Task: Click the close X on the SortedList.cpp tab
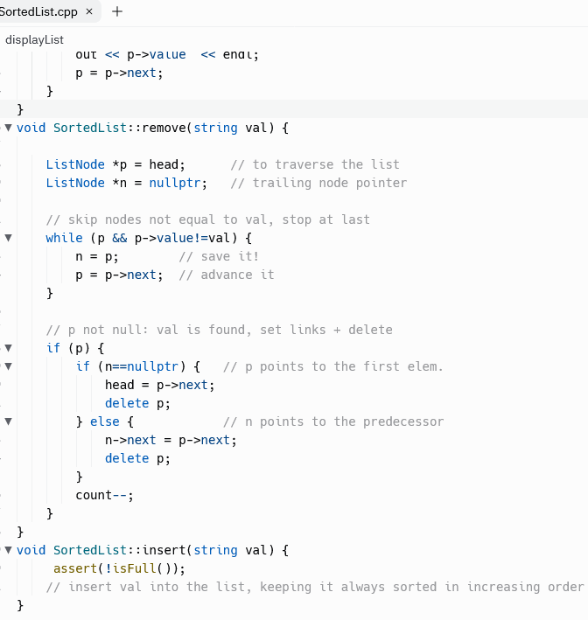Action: pyautogui.click(x=89, y=11)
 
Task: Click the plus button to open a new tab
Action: pyautogui.click(x=117, y=11)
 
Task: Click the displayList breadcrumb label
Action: pyautogui.click(x=34, y=39)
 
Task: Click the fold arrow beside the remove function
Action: pyautogui.click(x=9, y=128)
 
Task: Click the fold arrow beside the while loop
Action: pyautogui.click(x=9, y=238)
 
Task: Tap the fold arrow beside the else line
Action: pyautogui.click(x=9, y=421)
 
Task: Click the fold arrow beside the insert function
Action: pyautogui.click(x=9, y=550)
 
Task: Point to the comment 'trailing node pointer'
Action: pyautogui.click(x=329, y=183)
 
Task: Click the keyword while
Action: pyautogui.click(x=64, y=238)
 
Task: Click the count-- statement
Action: pyautogui.click(x=104, y=495)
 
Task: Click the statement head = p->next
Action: pyautogui.click(x=159, y=385)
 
